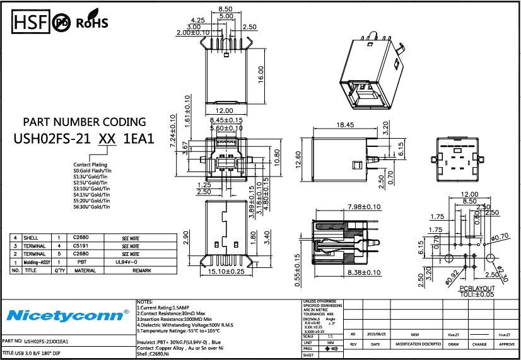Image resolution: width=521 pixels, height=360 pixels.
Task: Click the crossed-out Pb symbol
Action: (62, 23)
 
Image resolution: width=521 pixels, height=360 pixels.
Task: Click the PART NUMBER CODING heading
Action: (85, 122)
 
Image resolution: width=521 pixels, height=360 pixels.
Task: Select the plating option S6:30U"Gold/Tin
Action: (92, 207)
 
